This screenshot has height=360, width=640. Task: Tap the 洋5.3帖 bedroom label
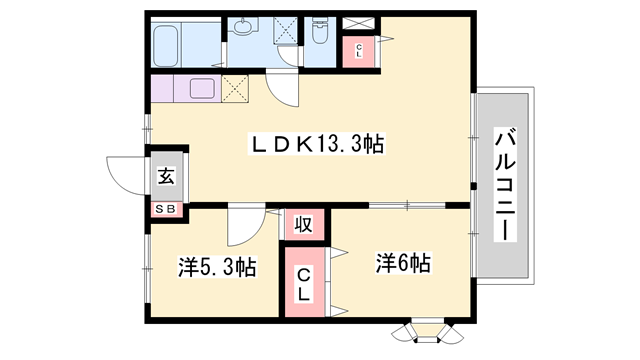217,267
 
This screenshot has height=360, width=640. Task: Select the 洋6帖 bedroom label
403,264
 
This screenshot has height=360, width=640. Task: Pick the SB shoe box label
166,208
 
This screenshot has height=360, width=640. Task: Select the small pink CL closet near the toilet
358,51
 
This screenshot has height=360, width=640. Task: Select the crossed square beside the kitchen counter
236,89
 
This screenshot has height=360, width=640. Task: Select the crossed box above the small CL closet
358,22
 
